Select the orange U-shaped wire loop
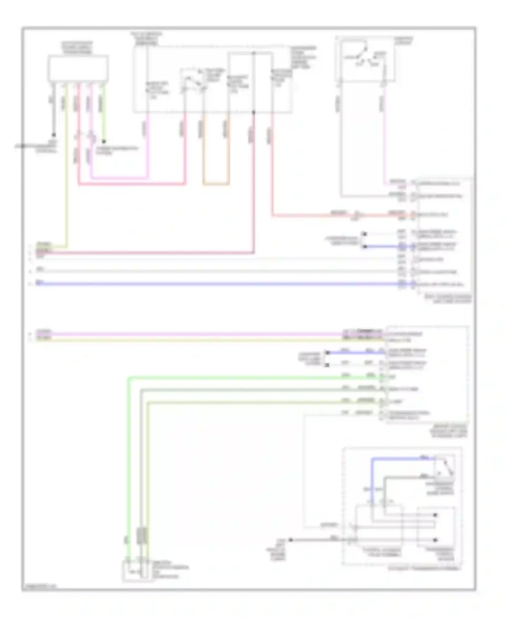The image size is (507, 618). (x=216, y=184)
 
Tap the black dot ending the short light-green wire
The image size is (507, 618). (x=104, y=142)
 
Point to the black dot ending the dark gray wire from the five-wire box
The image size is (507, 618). (x=53, y=135)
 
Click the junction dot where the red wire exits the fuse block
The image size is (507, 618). (x=254, y=112)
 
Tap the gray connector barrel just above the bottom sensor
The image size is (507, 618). (x=142, y=536)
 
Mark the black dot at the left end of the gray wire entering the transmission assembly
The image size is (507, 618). (x=290, y=540)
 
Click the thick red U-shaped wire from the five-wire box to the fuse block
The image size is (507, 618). (x=132, y=185)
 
